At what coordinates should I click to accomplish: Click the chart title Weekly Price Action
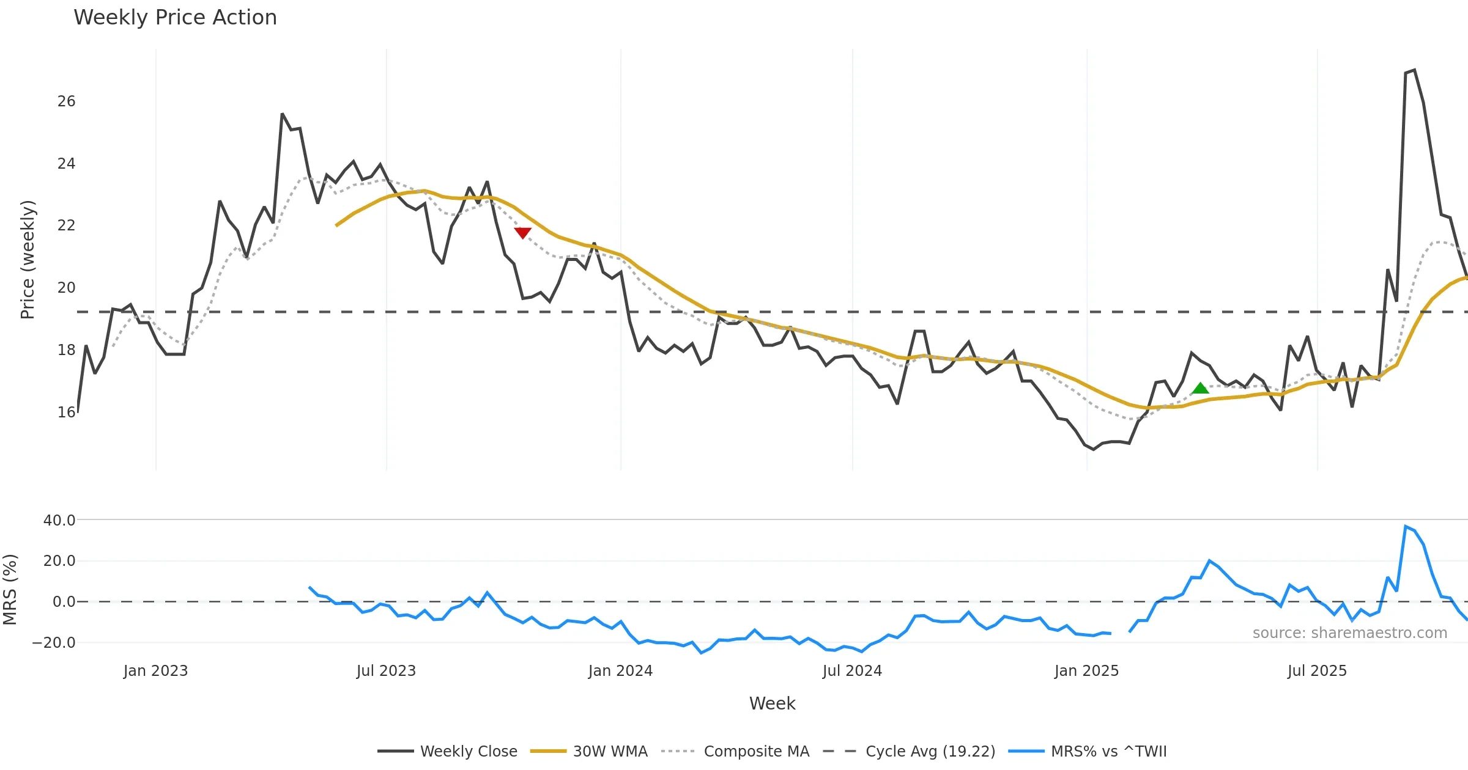[x=175, y=18]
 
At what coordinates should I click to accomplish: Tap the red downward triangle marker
[x=522, y=233]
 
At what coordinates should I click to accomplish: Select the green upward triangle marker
[x=1200, y=388]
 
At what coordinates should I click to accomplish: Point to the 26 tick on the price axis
[x=66, y=101]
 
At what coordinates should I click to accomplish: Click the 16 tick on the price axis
[x=66, y=413]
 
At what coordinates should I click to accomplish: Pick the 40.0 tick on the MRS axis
[x=59, y=521]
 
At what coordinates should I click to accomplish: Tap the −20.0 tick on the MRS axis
[x=54, y=643]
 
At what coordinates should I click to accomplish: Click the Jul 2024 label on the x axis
[x=852, y=671]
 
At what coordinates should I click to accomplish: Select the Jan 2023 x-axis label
[x=155, y=671]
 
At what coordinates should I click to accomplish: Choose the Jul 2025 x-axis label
[x=1317, y=671]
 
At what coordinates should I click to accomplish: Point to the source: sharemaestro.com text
[x=1349, y=633]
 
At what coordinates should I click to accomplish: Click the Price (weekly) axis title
[x=28, y=260]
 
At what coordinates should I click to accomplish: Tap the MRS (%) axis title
[x=10, y=590]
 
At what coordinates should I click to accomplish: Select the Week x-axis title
[x=772, y=704]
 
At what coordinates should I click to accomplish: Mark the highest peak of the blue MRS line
[x=1406, y=526]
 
